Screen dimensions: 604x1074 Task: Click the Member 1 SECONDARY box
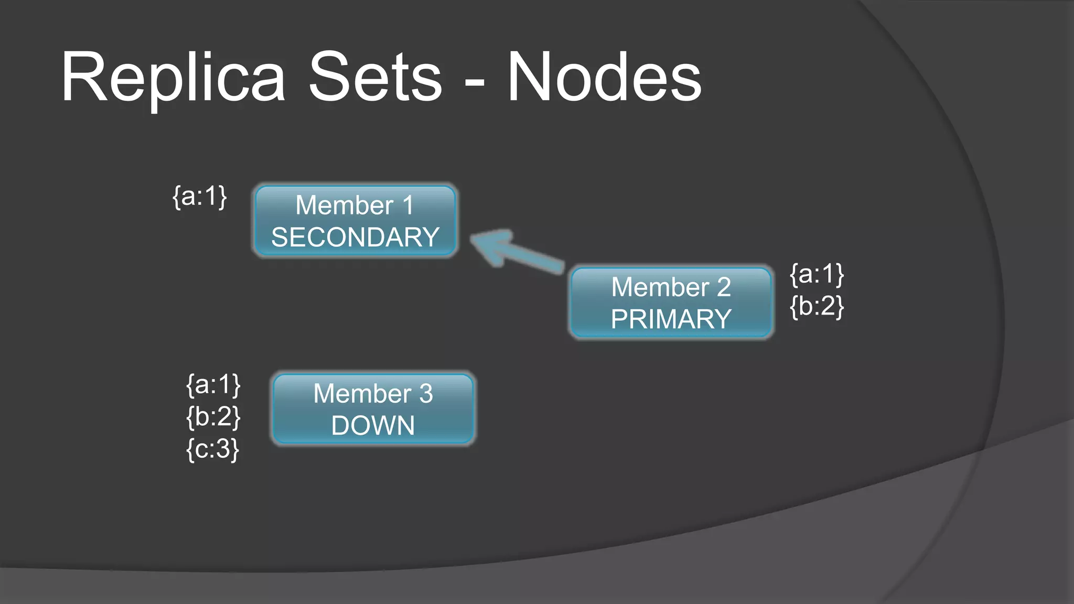tap(355, 221)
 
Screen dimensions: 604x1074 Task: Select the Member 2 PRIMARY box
tap(671, 303)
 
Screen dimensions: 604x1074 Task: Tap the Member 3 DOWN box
tap(373, 409)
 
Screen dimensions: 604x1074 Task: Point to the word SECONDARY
tap(355, 238)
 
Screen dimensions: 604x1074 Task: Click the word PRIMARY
tap(671, 319)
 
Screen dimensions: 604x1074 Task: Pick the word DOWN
tap(373, 426)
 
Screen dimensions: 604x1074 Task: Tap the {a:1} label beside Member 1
tap(200, 197)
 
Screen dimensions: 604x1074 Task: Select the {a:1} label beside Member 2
tap(817, 274)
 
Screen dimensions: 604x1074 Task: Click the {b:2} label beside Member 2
tap(817, 306)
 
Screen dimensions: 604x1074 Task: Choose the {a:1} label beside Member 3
tap(213, 385)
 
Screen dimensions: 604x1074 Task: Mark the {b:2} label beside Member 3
tap(213, 417)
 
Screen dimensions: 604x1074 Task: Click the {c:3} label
tap(212, 449)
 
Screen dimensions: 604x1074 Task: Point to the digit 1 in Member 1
tap(408, 205)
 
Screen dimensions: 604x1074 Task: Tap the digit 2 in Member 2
tap(724, 287)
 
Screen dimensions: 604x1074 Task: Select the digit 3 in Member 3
tap(426, 394)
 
